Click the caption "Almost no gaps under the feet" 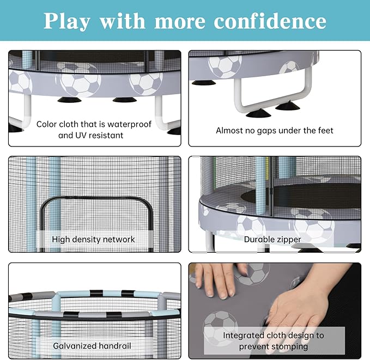click(275, 130)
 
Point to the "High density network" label click(93, 239)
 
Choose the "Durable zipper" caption click(272, 239)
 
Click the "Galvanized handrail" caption click(92, 346)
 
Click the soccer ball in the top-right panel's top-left click(224, 65)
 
